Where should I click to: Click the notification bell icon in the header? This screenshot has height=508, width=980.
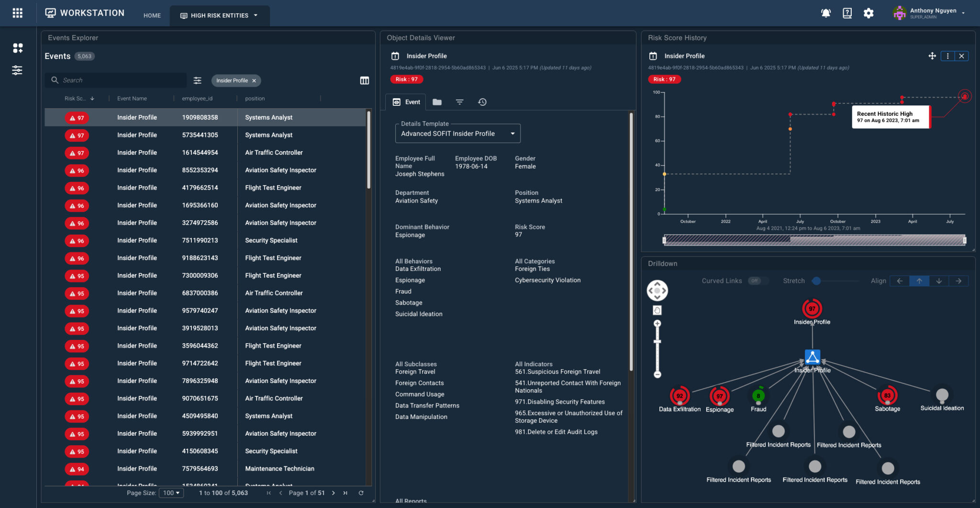click(x=825, y=13)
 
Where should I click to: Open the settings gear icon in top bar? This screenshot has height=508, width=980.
click(x=869, y=13)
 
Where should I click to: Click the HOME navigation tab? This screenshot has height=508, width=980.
click(x=152, y=15)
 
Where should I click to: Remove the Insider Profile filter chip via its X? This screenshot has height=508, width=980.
click(x=254, y=80)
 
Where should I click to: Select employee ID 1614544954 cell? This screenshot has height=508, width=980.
click(x=200, y=153)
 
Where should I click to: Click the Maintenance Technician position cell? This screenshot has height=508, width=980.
click(x=279, y=469)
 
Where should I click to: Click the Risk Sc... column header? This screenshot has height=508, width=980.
click(x=76, y=99)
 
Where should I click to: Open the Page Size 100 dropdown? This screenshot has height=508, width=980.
click(x=171, y=493)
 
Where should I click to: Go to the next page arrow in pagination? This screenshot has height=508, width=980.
click(x=334, y=493)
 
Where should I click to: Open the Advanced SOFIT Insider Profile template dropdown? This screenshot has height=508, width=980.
click(x=457, y=134)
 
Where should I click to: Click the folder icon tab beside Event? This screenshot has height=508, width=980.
click(x=437, y=102)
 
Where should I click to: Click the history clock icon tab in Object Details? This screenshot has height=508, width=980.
click(x=482, y=102)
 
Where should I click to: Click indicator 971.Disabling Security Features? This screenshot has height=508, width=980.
click(x=559, y=402)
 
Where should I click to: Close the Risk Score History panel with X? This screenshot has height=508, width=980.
click(x=961, y=56)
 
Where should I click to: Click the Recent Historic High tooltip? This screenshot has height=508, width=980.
click(x=890, y=117)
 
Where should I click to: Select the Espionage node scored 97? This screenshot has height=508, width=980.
click(x=719, y=396)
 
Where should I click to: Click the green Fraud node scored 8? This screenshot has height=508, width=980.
click(x=758, y=396)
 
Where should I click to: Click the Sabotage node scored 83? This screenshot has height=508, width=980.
click(x=887, y=395)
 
